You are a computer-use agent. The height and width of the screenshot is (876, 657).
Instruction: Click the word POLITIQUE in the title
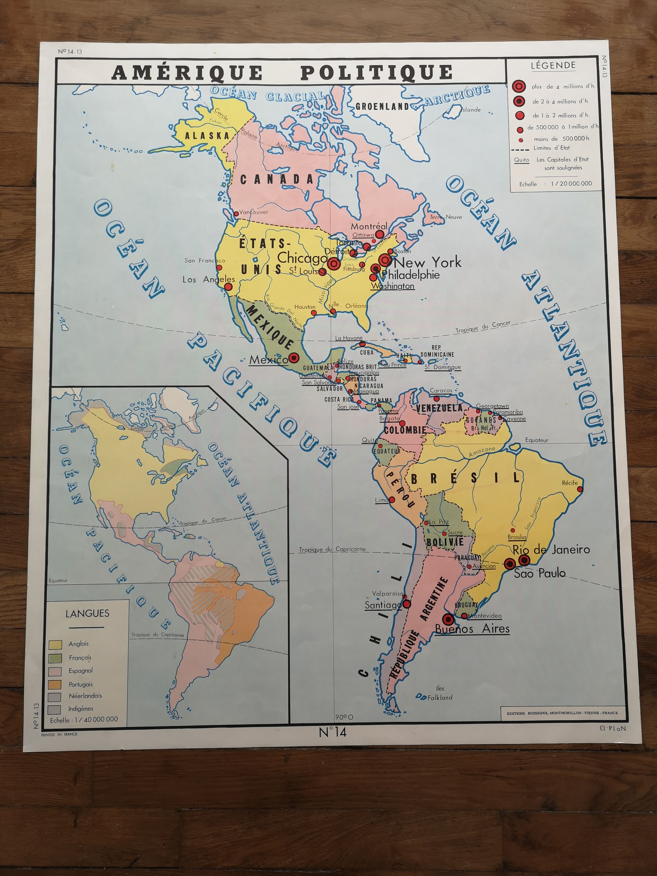(376, 73)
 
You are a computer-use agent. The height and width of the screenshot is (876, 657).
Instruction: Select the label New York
(428, 262)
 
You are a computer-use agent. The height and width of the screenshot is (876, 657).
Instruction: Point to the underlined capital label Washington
(392, 286)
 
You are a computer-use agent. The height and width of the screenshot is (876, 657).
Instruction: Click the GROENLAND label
(382, 106)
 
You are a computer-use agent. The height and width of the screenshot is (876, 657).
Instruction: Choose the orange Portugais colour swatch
(55, 684)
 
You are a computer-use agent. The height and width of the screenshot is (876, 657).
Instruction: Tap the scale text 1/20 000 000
(571, 183)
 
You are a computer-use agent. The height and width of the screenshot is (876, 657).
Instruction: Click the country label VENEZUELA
(439, 408)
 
